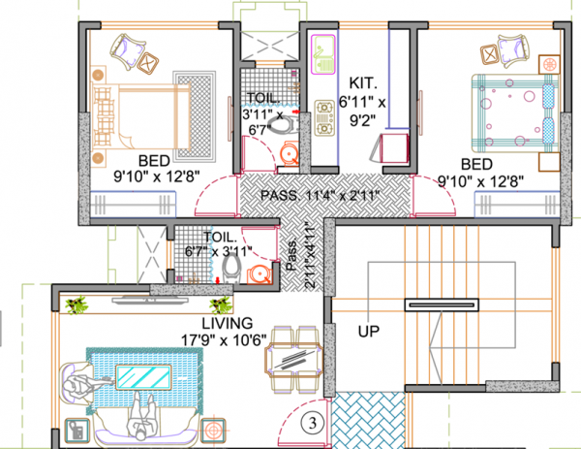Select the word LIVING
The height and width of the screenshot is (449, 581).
click(x=228, y=322)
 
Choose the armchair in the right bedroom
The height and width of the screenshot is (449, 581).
click(x=509, y=48)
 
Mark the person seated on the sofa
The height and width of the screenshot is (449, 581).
click(x=139, y=419)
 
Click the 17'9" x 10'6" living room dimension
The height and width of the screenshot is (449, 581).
click(x=227, y=338)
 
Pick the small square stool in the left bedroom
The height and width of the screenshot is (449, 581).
click(x=147, y=63)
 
